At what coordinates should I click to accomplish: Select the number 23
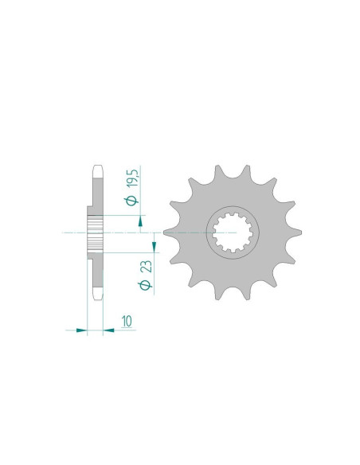click(x=146, y=265)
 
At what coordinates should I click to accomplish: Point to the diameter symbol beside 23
click(x=146, y=285)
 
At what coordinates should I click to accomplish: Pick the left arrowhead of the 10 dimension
click(x=82, y=330)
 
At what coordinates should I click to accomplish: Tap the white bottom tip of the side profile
click(x=96, y=295)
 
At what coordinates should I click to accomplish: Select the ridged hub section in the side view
click(x=92, y=233)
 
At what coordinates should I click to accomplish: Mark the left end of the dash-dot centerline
click(x=62, y=233)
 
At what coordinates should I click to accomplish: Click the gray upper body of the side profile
click(x=96, y=195)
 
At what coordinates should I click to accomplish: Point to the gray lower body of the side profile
click(x=96, y=271)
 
